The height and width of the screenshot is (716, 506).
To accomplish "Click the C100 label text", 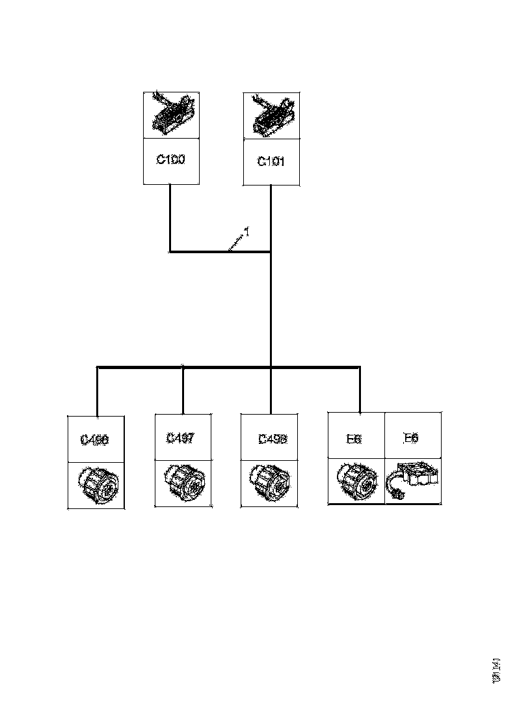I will point(170,159).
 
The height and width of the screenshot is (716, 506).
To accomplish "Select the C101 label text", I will point(271,161).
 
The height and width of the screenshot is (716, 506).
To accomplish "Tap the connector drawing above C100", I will point(171,115).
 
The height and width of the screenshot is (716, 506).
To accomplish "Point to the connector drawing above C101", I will point(271,115).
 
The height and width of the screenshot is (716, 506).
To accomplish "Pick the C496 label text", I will point(95,439).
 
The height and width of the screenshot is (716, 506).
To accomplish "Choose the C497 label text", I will point(180,438).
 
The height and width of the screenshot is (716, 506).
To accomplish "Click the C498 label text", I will point(273,439).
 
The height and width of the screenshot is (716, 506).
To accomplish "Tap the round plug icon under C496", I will point(98,486).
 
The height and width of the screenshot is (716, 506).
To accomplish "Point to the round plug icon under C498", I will point(269,484).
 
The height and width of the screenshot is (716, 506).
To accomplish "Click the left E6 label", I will point(354,439).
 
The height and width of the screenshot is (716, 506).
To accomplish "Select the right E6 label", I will point(411,438).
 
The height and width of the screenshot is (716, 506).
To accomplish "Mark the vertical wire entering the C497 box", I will point(183,391).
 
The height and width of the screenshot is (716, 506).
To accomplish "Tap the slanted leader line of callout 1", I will point(235,242).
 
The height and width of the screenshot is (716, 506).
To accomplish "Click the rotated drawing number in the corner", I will point(496,670).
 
